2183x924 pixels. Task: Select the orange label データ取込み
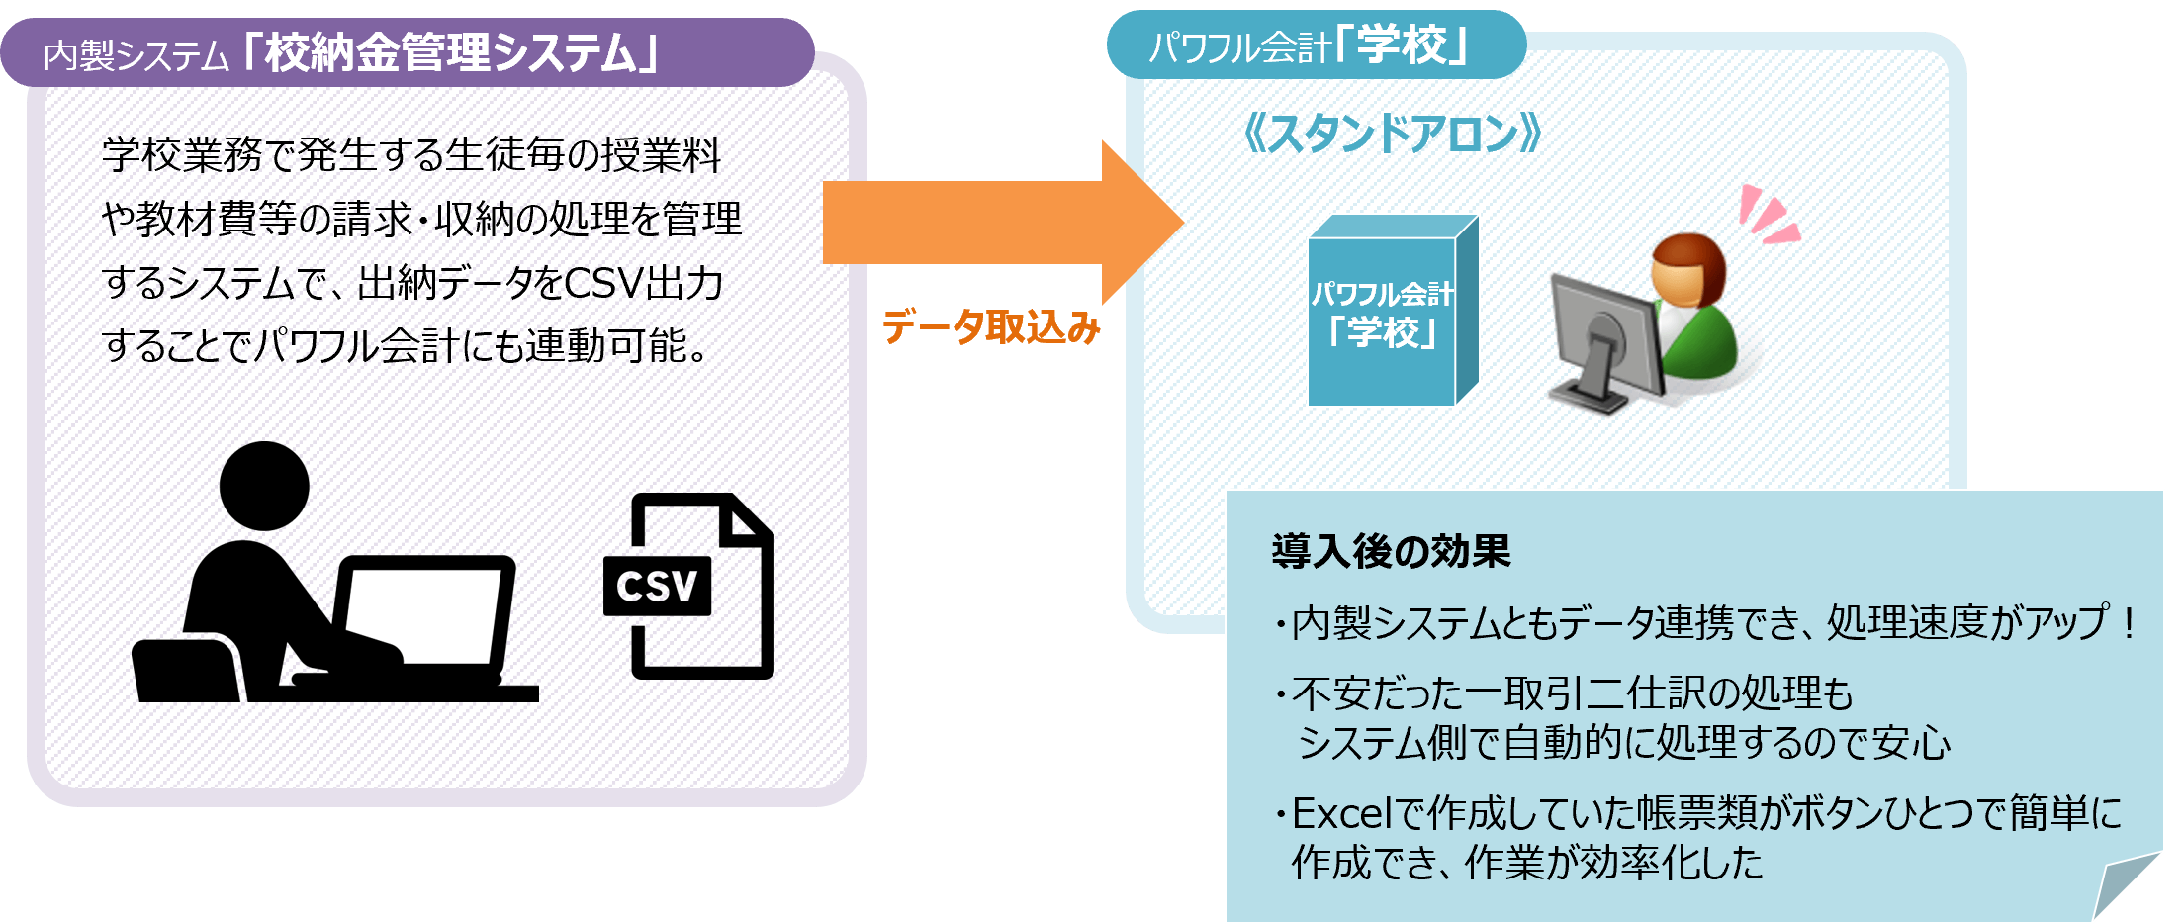[x=990, y=327]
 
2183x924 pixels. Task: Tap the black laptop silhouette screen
[x=423, y=613]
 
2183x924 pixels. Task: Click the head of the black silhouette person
[x=264, y=486]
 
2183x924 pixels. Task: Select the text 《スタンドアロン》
[x=1391, y=134]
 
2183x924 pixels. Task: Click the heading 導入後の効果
[x=1391, y=551]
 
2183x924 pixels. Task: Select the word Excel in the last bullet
[x=1344, y=813]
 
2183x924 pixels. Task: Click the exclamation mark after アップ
[x=2128, y=622]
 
